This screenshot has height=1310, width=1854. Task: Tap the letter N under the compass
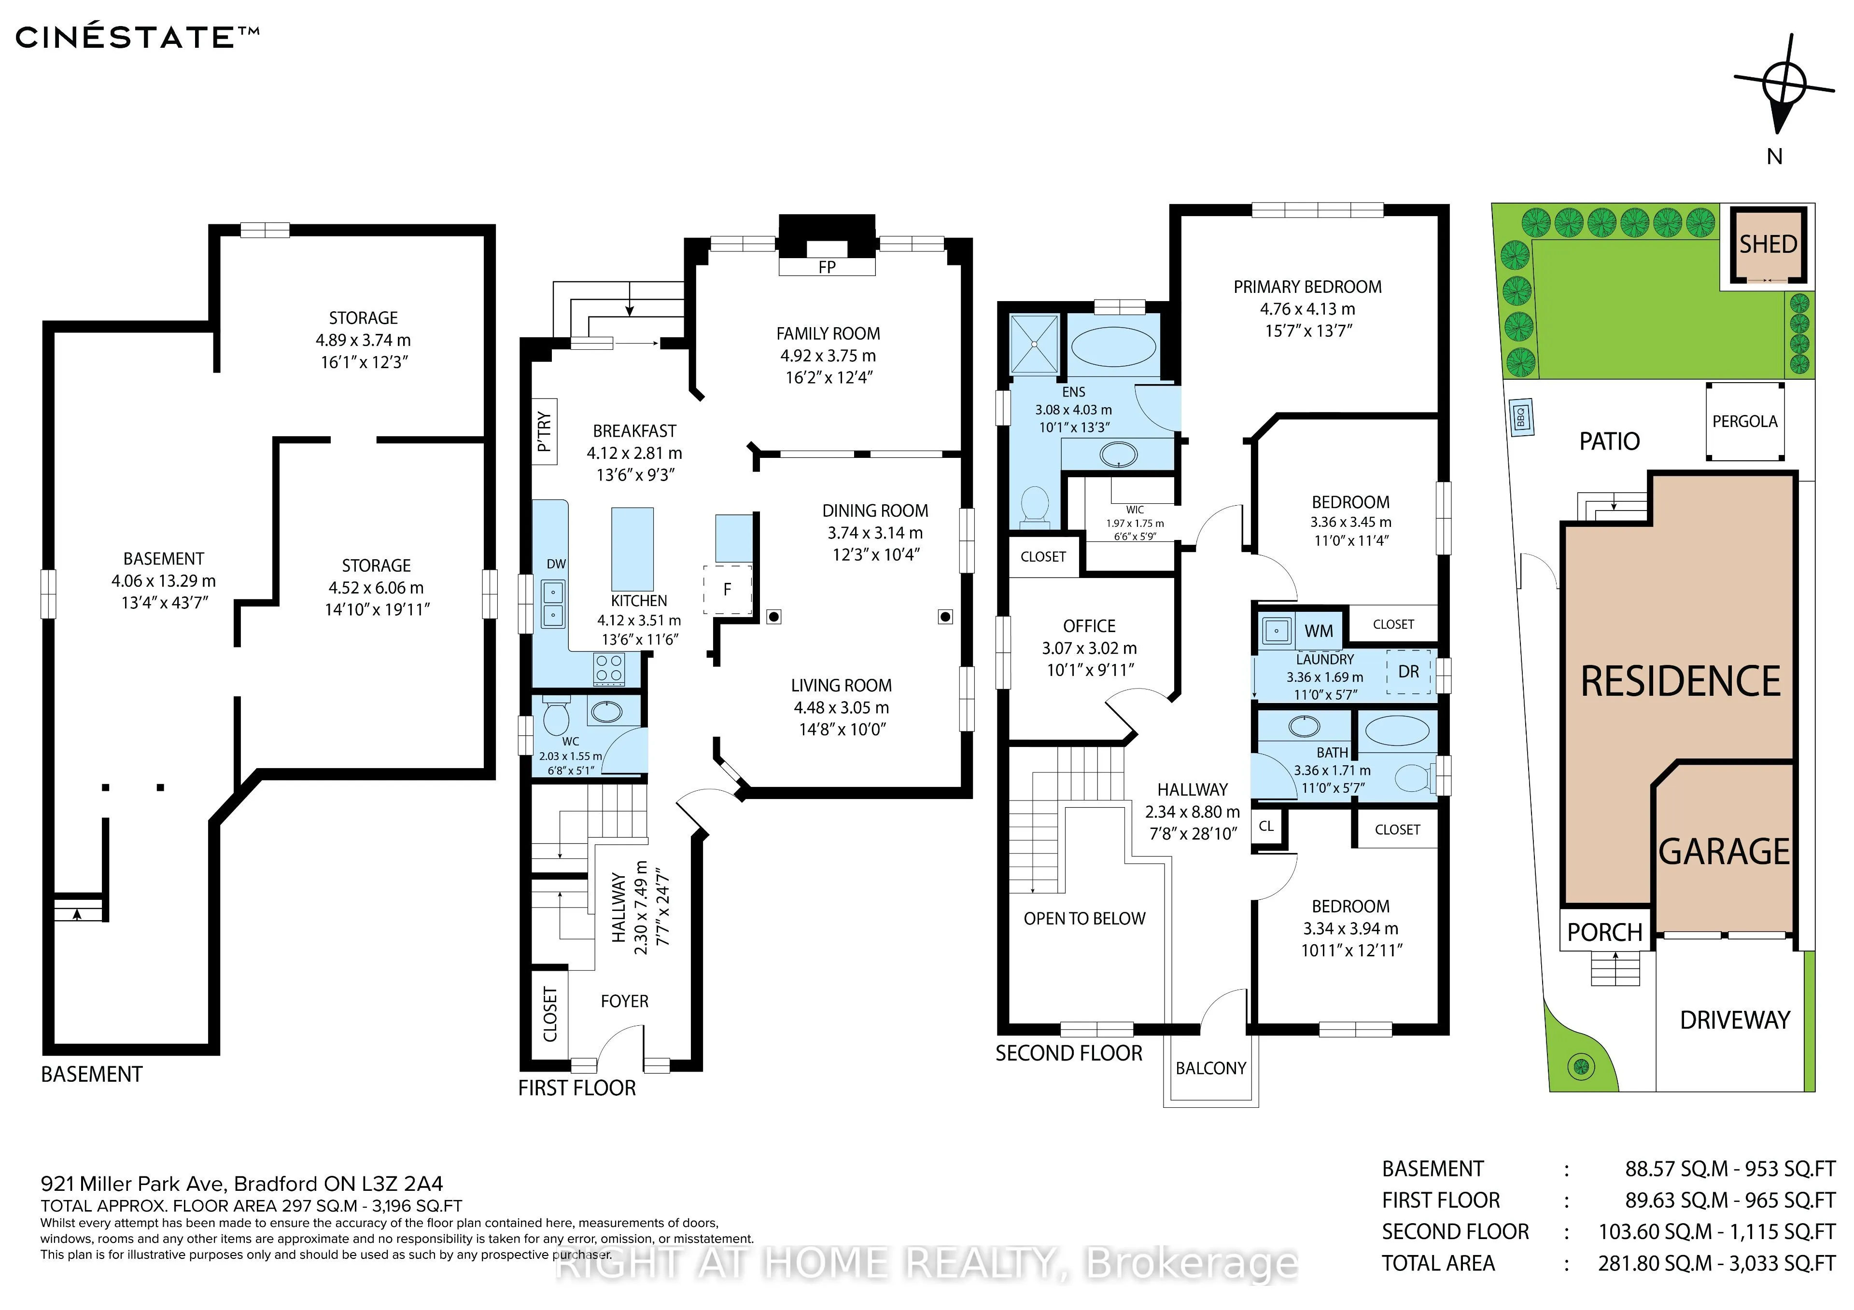(1774, 157)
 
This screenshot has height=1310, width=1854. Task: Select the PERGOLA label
(1745, 421)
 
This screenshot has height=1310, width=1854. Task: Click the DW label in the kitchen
(556, 564)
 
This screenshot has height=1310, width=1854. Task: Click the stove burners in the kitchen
(609, 668)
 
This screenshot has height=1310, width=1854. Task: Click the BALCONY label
(1210, 1068)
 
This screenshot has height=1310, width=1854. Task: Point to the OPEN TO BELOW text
(1084, 919)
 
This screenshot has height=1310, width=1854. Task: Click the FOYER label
(624, 1001)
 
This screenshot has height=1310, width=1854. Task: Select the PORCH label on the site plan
(1604, 932)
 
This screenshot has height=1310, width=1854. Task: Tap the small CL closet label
(1266, 826)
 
